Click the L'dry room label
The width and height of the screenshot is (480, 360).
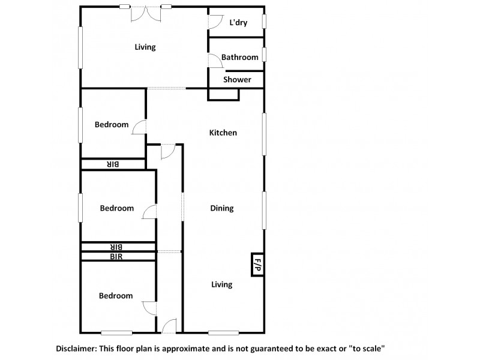coord(239,23)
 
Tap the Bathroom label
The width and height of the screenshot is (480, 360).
coord(239,58)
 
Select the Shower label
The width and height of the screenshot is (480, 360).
coord(237,79)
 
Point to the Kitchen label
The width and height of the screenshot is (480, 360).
coord(223,133)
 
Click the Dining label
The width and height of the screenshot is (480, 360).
coord(221,208)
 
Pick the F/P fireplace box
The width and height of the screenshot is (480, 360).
coord(257,264)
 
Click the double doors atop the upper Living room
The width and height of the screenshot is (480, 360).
coord(145,12)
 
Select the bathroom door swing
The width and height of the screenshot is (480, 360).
coord(213,59)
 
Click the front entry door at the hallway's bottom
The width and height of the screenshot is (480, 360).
coord(169,326)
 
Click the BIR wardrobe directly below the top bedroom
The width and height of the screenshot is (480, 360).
coord(113,164)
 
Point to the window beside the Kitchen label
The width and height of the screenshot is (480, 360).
coord(263,135)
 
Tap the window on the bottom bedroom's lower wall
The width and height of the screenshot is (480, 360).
coord(116,332)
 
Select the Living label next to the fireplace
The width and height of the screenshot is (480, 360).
coord(221,284)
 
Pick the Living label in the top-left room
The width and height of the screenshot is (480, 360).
coord(145,47)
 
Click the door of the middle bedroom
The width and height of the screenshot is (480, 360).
coord(150,212)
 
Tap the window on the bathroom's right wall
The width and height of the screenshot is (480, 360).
coord(264,54)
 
